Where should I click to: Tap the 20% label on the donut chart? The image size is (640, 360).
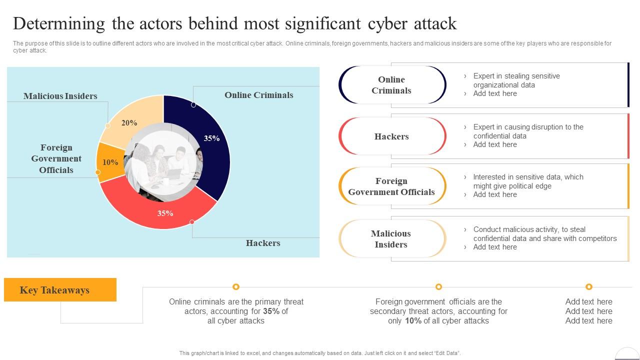(129, 123)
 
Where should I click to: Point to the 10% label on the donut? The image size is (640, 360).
(110, 162)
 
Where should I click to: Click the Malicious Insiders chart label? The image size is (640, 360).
(60, 96)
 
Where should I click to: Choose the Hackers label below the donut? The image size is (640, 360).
(263, 243)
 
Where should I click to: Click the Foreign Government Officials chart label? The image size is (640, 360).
(56, 158)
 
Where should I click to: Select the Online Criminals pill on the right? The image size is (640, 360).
(391, 85)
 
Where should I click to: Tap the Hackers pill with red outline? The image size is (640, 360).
(391, 136)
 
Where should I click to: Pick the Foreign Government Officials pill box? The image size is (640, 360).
(391, 186)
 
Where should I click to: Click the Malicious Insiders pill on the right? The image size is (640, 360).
(391, 239)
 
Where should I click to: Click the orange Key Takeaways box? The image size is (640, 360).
(60, 290)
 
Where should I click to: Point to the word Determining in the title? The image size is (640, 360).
(59, 23)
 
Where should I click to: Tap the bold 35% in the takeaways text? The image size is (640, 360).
(272, 311)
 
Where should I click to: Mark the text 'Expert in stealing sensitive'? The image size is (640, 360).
(516, 76)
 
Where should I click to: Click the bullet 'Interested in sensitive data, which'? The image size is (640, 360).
(528, 177)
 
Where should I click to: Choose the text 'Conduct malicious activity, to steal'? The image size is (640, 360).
(529, 229)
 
